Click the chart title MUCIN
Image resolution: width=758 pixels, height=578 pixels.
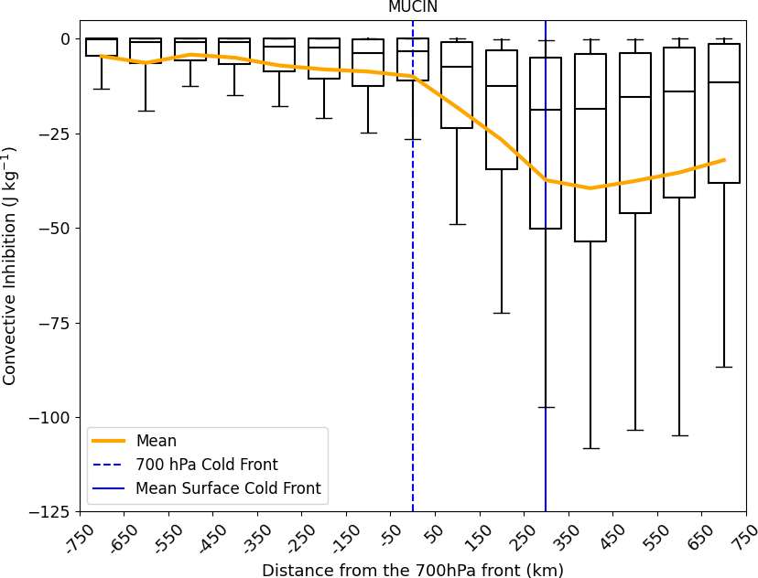(x=413, y=7)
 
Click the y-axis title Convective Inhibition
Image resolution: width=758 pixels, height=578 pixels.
(x=10, y=265)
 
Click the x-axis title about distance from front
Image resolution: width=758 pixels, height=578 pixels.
(x=413, y=570)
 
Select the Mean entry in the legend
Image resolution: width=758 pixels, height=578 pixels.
(x=156, y=441)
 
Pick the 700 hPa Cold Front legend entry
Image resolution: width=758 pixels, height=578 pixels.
(x=206, y=465)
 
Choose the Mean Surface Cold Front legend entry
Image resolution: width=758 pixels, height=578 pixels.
(x=228, y=488)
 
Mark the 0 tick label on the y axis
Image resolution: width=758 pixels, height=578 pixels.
(x=65, y=38)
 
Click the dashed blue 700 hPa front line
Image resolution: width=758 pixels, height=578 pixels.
(x=413, y=274)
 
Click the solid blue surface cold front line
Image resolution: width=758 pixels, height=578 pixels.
(x=546, y=274)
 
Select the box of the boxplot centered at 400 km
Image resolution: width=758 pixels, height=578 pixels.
(x=590, y=146)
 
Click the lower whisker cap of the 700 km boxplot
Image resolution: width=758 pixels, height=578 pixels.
(x=724, y=367)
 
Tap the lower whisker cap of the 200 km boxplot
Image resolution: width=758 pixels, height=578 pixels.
(x=502, y=313)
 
